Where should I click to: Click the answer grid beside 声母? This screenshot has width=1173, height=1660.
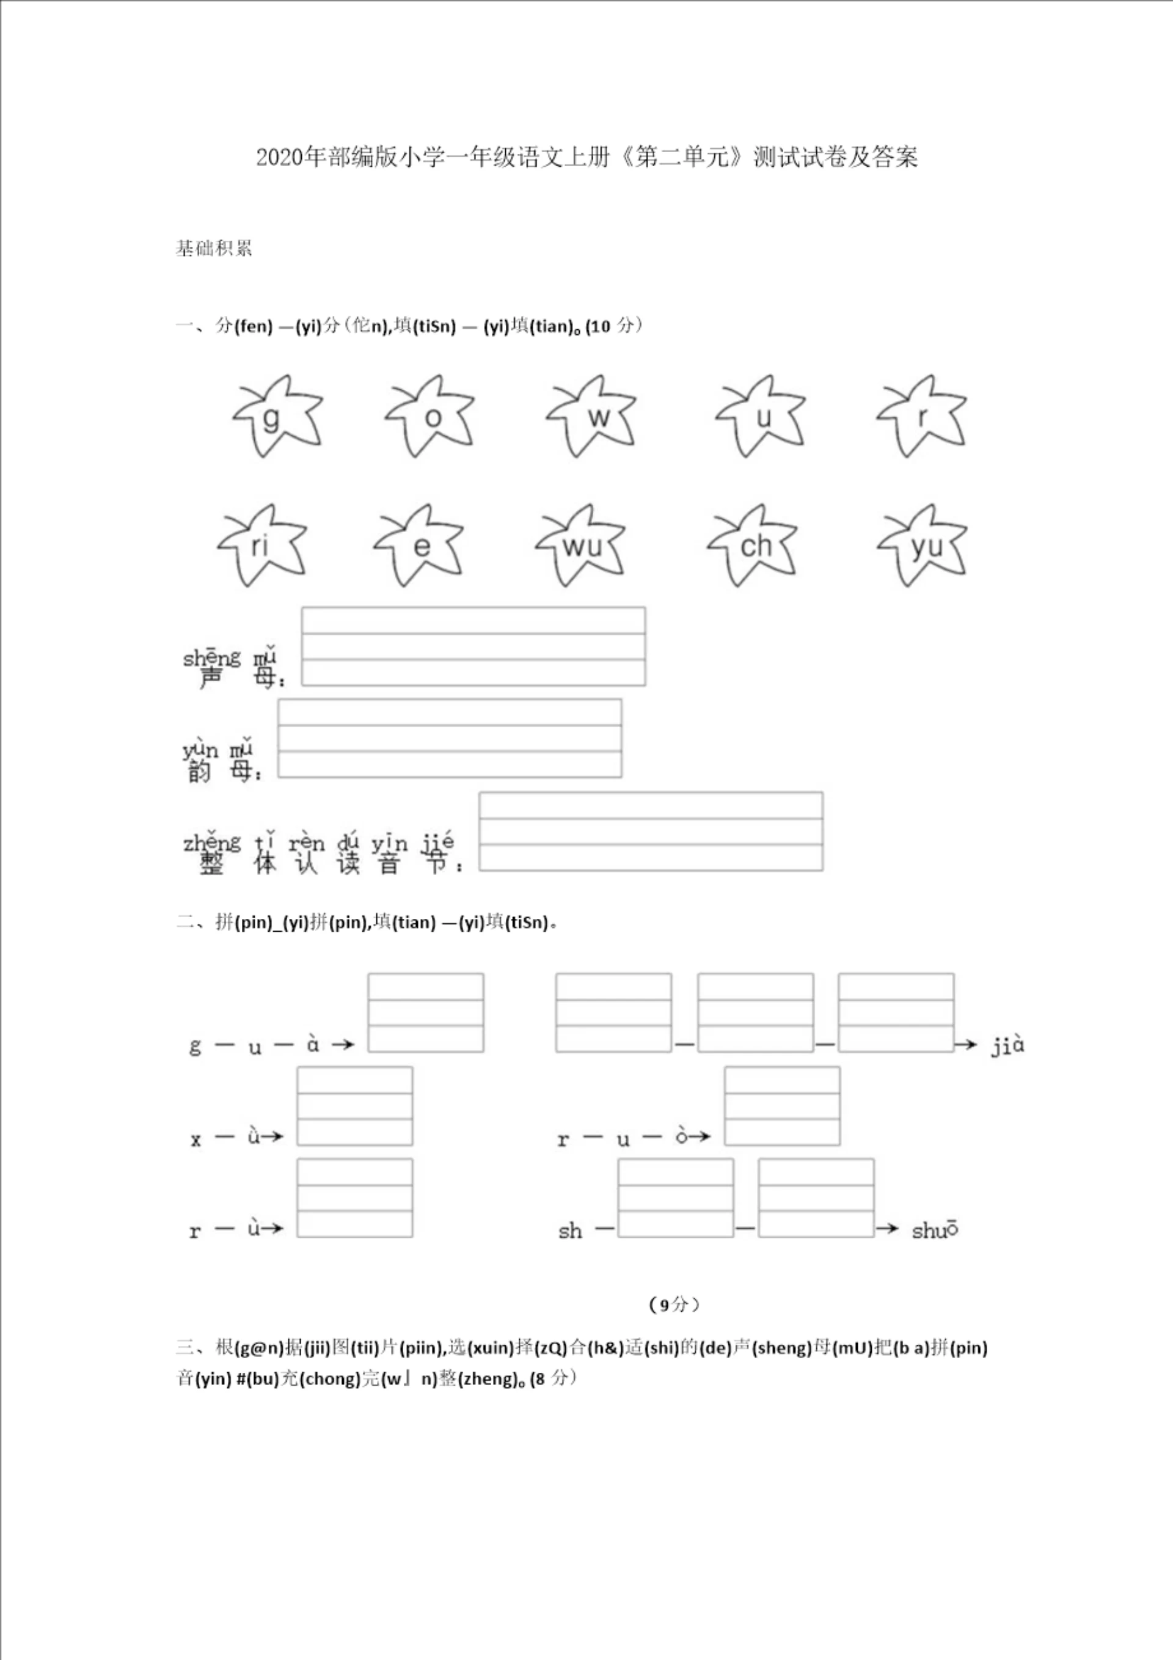point(473,646)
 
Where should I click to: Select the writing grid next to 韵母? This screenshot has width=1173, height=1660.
point(449,738)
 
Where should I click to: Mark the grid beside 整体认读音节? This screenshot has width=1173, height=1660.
point(650,832)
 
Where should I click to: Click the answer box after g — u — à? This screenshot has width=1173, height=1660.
point(425,1012)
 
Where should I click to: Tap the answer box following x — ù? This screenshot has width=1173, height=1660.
point(354,1105)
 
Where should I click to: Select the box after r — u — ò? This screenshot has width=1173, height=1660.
point(782,1105)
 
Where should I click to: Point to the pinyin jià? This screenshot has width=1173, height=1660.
point(1007,1045)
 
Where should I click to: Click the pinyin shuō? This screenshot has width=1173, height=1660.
point(934,1230)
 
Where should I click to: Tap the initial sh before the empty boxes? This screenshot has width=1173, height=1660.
point(570,1230)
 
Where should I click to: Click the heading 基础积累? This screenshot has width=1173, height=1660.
point(213,248)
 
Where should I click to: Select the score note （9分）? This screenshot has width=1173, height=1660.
point(674,1304)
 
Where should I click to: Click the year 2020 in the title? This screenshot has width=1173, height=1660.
point(280,157)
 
